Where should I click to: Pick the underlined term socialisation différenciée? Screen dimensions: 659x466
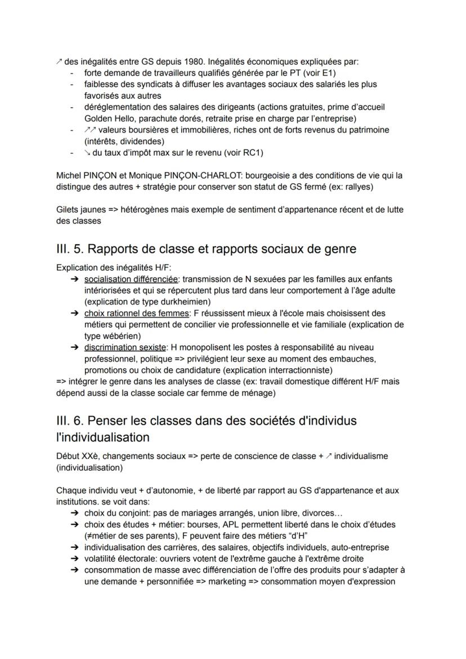[128, 279]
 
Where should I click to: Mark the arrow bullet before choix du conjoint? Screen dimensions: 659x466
[74, 513]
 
